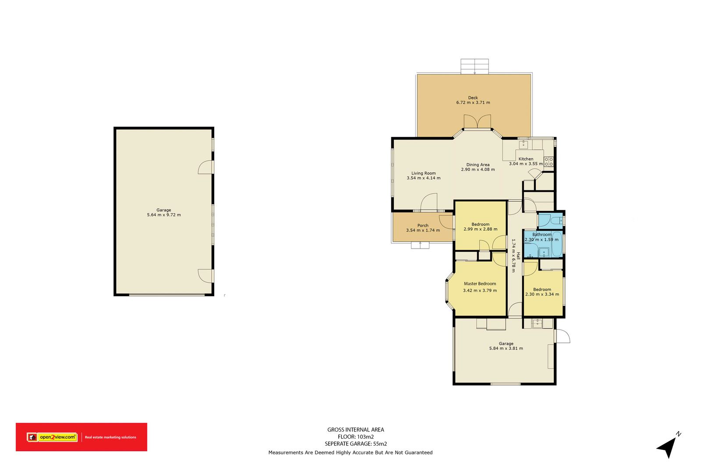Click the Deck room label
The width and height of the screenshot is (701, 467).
point(473,98)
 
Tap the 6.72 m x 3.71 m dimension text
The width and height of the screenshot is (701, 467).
point(473,102)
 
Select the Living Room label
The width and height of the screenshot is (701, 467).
point(423,173)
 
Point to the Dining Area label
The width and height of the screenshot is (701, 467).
point(478,165)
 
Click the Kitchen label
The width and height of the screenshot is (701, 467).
point(526,159)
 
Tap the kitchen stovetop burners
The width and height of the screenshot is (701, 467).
point(549,162)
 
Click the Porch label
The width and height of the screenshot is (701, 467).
point(423,225)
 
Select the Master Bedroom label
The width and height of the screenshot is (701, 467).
point(480,284)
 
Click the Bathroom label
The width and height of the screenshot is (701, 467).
point(542,235)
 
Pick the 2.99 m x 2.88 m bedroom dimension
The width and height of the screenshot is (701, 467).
point(480,229)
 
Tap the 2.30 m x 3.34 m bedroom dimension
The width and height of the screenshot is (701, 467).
point(542,294)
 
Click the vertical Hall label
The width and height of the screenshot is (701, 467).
point(518,256)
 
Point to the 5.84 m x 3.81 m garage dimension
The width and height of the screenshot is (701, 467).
point(506,348)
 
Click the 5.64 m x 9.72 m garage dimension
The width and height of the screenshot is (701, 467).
point(164,215)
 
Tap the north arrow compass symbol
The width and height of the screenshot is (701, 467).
point(668,446)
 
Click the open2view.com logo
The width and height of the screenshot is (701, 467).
point(52,437)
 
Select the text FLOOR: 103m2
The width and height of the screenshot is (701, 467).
point(356,437)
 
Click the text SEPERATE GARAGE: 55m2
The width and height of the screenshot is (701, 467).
point(356,443)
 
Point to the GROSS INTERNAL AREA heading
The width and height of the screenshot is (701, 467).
point(356,430)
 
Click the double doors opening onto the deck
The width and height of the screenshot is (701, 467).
point(477,122)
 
